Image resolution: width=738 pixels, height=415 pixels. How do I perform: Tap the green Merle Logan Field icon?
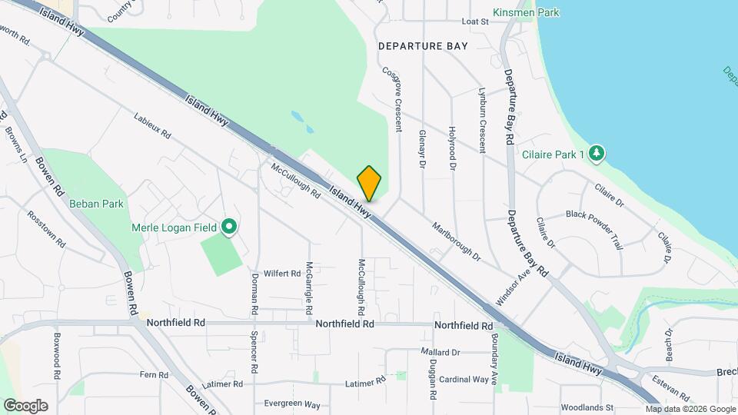click(228, 226)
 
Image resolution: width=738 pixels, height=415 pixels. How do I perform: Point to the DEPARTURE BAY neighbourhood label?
click(423, 46)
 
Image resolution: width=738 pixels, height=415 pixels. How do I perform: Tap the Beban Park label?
click(96, 204)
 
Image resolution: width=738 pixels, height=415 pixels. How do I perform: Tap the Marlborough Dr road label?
click(456, 241)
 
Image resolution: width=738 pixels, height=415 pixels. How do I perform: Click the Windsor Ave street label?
click(514, 288)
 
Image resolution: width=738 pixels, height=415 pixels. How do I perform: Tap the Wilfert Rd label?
click(281, 273)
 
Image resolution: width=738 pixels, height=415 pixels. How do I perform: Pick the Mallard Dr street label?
click(440, 352)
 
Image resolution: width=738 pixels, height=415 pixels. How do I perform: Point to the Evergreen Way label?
click(291, 404)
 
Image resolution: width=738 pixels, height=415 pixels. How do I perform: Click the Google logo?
click(25, 406)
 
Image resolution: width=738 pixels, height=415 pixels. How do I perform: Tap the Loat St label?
click(475, 22)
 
